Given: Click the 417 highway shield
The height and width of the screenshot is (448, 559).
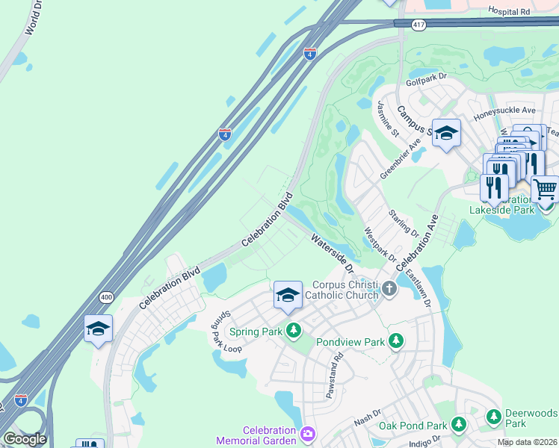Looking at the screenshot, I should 420,25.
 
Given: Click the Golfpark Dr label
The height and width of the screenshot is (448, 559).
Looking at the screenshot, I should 426,77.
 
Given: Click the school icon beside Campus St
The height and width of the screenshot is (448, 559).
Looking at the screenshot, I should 446,133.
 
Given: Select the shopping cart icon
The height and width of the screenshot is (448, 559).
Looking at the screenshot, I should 545,188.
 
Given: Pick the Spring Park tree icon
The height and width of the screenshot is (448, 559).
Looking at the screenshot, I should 294,330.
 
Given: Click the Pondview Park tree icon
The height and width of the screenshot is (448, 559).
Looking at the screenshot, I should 396,341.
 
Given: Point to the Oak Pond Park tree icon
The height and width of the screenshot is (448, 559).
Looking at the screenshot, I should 459,426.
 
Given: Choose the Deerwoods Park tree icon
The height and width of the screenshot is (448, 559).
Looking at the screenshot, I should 493,416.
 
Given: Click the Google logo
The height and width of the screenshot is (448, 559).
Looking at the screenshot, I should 25,439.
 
